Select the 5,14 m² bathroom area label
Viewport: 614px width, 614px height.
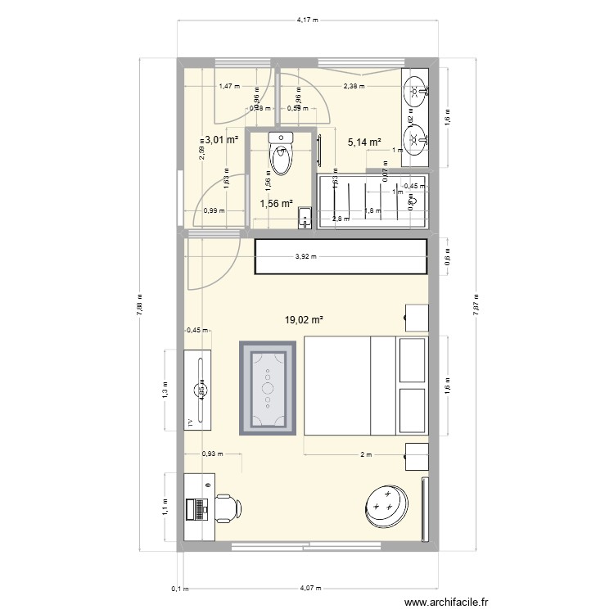(x=364, y=142)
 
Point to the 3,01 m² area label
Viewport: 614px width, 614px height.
(x=221, y=140)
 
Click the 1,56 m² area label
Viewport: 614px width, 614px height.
(x=276, y=205)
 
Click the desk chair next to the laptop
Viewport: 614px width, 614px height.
(x=226, y=508)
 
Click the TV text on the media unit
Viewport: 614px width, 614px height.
(x=191, y=422)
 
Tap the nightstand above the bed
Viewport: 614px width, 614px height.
(x=418, y=317)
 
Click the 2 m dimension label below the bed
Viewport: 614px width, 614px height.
(x=365, y=454)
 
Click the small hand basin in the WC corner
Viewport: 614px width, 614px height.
(x=305, y=217)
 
